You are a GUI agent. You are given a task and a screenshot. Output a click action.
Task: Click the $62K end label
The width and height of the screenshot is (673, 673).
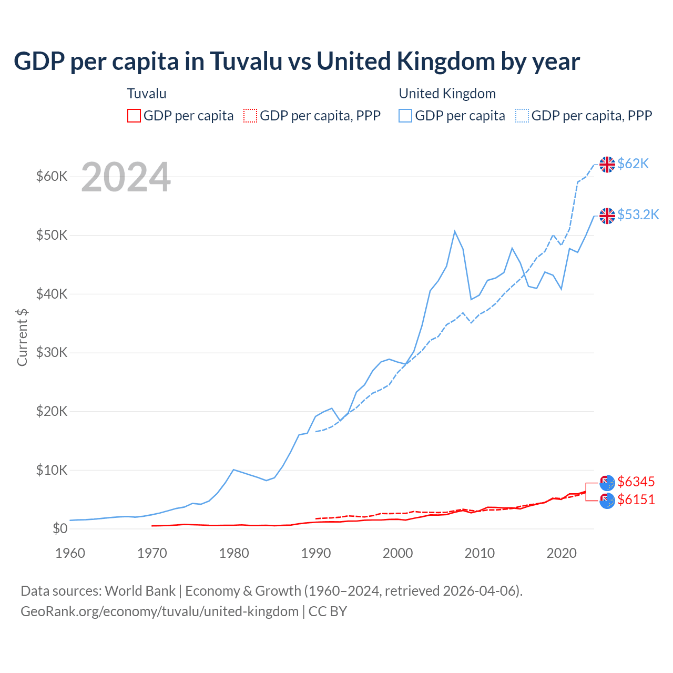633,164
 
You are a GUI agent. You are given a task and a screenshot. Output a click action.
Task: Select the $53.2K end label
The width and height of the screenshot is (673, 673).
638,215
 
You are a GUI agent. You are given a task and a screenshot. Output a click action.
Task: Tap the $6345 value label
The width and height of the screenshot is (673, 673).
636,482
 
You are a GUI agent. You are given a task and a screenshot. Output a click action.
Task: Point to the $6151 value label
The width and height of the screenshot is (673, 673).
636,499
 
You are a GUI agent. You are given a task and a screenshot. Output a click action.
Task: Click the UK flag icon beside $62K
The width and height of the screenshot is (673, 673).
607,165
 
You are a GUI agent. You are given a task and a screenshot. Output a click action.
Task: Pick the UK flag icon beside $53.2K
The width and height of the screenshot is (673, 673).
607,216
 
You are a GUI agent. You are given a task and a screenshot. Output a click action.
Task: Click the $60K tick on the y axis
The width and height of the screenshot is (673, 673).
52,176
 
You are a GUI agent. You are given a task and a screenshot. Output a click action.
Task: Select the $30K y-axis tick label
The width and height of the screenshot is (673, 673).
52,352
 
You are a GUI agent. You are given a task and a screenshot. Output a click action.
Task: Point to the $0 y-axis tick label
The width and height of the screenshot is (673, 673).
60,528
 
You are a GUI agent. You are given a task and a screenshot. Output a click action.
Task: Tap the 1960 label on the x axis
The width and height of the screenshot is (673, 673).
70,553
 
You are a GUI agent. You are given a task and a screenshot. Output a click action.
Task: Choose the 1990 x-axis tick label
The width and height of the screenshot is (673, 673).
316,553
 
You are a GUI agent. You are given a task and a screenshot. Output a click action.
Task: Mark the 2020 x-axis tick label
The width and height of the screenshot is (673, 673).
562,553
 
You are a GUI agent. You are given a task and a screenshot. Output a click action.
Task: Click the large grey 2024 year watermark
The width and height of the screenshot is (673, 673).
126,177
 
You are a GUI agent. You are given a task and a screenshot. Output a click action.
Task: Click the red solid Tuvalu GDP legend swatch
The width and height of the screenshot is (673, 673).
134,116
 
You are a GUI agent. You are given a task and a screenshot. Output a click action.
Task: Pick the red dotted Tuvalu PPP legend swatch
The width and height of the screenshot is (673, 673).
250,116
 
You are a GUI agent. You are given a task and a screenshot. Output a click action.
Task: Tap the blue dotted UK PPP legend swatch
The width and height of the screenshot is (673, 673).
522,116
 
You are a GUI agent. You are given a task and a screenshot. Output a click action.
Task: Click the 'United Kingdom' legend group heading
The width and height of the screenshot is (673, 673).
447,94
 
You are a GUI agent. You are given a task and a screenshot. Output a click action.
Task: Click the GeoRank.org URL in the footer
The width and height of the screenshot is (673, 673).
159,611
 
